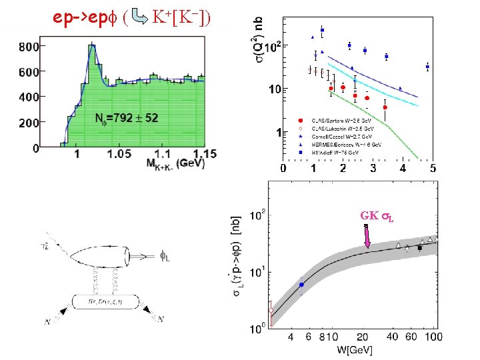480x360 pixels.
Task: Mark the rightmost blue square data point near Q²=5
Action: point(427,67)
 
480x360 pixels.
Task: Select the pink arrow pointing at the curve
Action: point(367,237)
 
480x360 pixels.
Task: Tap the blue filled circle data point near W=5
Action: point(301,285)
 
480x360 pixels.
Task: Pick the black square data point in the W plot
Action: point(419,248)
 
